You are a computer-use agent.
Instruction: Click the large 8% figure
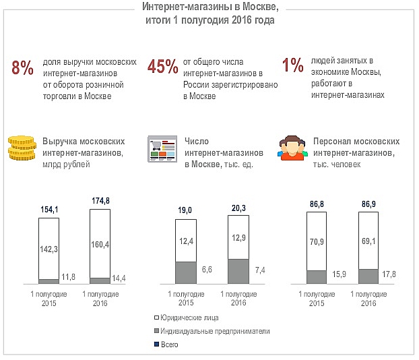pos(22,68)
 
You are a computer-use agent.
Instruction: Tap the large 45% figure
pos(162,67)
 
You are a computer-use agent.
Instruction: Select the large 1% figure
pos(293,65)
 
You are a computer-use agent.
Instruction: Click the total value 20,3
pos(238,208)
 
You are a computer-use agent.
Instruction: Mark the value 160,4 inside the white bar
pos(99,245)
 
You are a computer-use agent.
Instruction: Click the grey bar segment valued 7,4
pos(238,271)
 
